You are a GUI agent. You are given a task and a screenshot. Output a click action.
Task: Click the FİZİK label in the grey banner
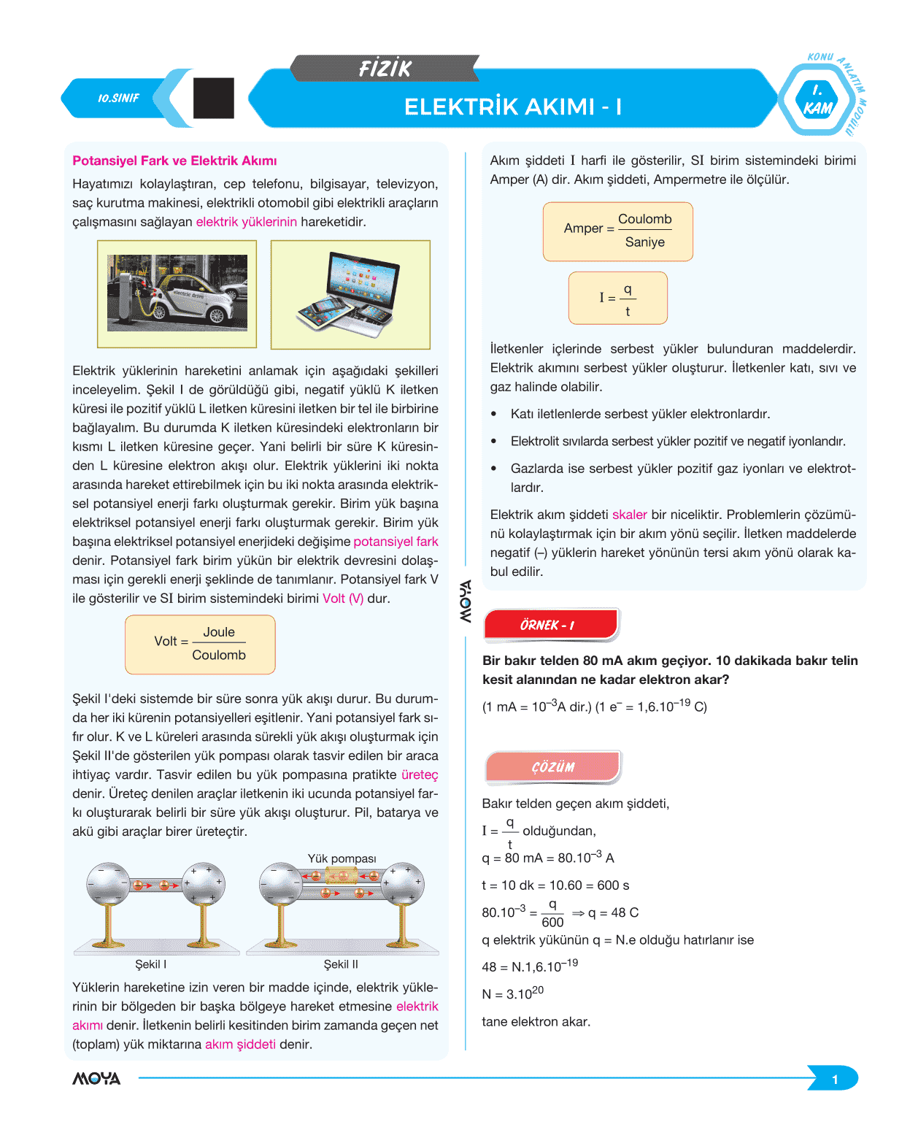pyautogui.click(x=385, y=68)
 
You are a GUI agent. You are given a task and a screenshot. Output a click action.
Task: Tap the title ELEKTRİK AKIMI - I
pyautogui.click(x=512, y=107)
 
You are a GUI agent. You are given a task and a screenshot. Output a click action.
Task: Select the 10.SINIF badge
pyautogui.click(x=118, y=99)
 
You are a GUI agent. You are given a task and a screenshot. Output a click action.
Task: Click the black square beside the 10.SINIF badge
pyautogui.click(x=213, y=98)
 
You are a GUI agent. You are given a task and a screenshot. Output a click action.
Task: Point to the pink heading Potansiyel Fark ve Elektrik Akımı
pyautogui.click(x=174, y=161)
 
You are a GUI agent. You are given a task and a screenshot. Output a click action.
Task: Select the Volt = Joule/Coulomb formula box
pyautogui.click(x=200, y=644)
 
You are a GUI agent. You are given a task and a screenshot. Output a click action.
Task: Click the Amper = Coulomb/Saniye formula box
pyautogui.click(x=617, y=231)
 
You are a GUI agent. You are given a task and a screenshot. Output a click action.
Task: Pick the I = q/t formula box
pyautogui.click(x=617, y=298)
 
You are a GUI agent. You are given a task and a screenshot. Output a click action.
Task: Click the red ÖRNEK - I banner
pyautogui.click(x=551, y=625)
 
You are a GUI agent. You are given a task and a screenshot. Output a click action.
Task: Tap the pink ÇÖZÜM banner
pyautogui.click(x=552, y=766)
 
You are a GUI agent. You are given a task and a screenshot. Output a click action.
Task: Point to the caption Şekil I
pyautogui.click(x=151, y=964)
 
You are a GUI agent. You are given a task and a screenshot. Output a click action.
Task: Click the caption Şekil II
pyautogui.click(x=341, y=964)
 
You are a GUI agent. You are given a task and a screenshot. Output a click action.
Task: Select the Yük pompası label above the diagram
pyautogui.click(x=342, y=858)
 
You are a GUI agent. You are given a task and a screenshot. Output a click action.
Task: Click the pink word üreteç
pyautogui.click(x=420, y=774)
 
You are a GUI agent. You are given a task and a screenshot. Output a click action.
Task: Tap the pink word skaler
pyautogui.click(x=629, y=515)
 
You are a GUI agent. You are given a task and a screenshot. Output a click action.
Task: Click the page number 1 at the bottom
pyautogui.click(x=835, y=1080)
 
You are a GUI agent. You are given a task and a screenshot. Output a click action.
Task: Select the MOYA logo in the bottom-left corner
pyautogui.click(x=96, y=1078)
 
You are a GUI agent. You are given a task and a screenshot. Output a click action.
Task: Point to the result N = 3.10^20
pyautogui.click(x=512, y=993)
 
